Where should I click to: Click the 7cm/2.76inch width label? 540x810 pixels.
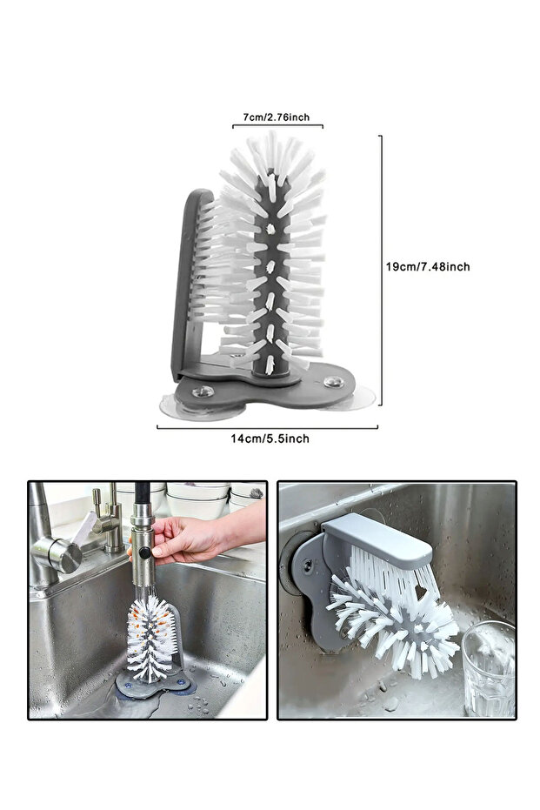277,117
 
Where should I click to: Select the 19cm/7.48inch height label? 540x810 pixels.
428,266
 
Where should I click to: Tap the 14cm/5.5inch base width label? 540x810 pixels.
270,438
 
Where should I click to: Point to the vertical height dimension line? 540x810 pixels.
381,271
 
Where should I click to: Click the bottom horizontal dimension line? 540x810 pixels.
268,427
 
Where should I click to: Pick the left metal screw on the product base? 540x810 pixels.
203,391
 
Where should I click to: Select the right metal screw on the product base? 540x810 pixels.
334,382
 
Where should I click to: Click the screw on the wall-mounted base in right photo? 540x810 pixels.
308,566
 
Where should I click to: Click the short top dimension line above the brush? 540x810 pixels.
277,125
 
